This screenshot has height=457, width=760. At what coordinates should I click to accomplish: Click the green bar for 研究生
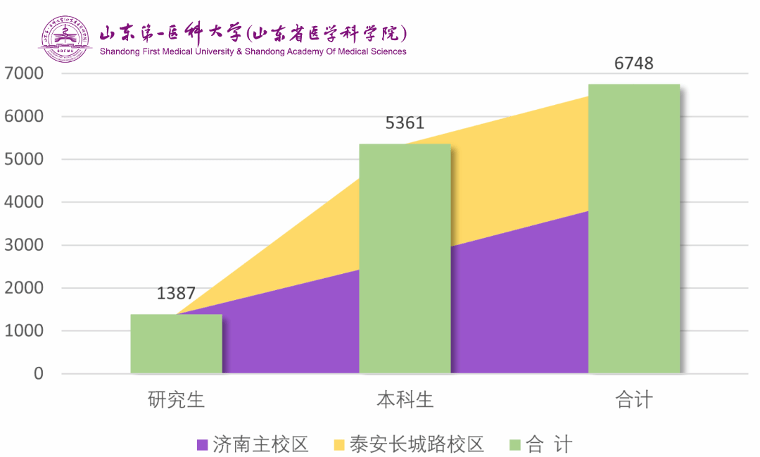(x=176, y=344)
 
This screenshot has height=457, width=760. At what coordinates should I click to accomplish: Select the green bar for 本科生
(x=405, y=258)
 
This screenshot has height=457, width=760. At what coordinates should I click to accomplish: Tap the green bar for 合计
(x=634, y=229)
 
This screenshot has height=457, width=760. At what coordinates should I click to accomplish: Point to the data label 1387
(x=175, y=294)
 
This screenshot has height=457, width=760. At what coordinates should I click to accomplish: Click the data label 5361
(x=405, y=123)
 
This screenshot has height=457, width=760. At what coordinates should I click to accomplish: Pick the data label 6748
(x=633, y=63)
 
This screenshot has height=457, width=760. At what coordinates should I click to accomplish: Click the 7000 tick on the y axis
(x=24, y=73)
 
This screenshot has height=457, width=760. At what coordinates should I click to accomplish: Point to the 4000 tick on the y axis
(x=24, y=202)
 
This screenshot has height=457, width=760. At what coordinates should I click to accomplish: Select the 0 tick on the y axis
(x=37, y=373)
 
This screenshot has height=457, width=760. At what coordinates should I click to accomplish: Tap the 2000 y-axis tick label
(x=24, y=288)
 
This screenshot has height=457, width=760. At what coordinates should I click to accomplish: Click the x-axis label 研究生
(x=176, y=400)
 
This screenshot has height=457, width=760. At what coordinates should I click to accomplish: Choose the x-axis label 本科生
(x=405, y=400)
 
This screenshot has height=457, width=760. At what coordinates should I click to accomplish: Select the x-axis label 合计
(x=634, y=400)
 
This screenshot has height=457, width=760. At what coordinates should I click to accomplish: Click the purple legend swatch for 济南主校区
(x=202, y=445)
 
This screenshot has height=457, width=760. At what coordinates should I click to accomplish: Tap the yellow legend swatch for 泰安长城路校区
(x=339, y=445)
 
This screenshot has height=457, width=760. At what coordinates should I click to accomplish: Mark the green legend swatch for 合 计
(x=514, y=445)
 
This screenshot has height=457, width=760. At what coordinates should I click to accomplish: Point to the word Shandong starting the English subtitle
(x=121, y=51)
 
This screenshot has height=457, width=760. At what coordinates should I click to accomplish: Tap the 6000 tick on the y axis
(x=24, y=116)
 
